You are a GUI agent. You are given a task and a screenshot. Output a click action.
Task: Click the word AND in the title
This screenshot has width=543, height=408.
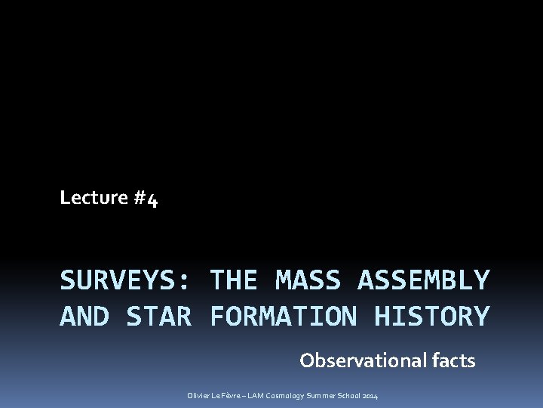coord(84,317)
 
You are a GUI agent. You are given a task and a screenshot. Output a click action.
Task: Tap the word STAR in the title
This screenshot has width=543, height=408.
coord(158,317)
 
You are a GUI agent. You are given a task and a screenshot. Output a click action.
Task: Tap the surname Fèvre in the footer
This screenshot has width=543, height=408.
coord(234,396)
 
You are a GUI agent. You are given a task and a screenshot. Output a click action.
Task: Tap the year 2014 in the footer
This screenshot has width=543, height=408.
coord(371,396)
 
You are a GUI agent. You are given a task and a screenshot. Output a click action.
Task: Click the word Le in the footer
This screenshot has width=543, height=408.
coord(217,396)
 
